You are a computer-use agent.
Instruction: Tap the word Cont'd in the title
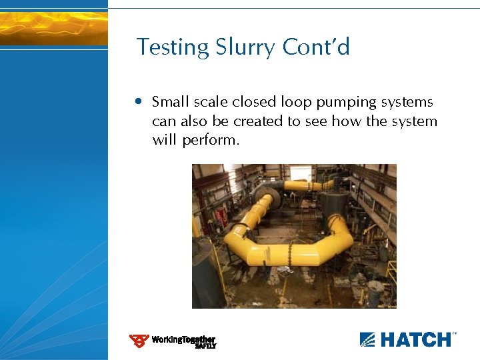click(316, 47)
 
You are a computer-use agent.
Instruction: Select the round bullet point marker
click(138, 102)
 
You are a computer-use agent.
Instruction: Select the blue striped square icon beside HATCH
click(368, 339)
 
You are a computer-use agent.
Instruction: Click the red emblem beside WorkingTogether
click(139, 341)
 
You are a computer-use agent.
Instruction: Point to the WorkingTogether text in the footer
click(183, 339)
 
